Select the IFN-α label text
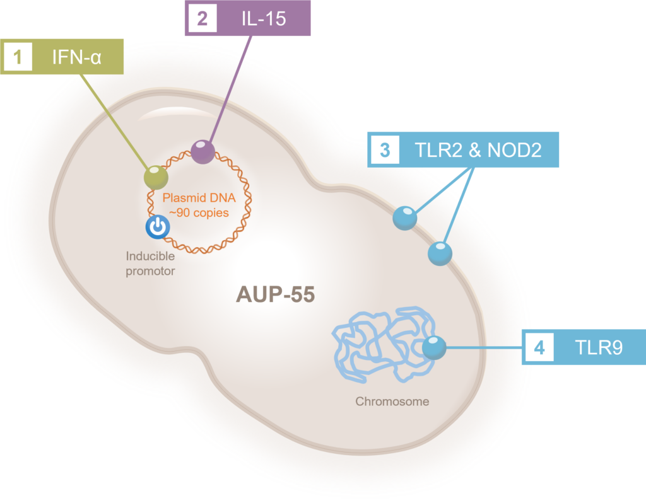coord(77,58)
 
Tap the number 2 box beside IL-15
coord(202,18)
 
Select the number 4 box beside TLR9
coord(539,347)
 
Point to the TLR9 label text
coord(597,347)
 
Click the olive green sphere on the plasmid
coord(156,177)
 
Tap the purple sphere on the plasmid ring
coord(203,152)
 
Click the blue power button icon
coord(157,228)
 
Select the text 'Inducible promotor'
coord(150,263)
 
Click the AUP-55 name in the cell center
coord(275,294)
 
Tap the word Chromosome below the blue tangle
coord(392,401)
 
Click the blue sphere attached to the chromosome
coord(433,347)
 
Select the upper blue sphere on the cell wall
coord(404,218)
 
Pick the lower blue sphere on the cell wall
coord(440,253)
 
